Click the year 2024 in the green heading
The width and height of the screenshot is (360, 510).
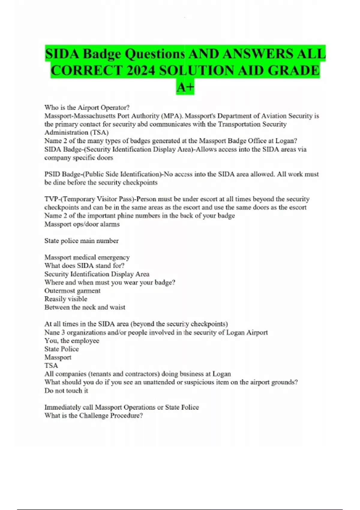[x=141, y=71]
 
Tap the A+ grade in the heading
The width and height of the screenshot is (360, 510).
[x=185, y=87]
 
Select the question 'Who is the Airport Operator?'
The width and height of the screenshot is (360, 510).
[x=87, y=107]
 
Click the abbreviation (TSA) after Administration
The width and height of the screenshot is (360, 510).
[x=99, y=132]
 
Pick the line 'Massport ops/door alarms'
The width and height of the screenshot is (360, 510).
[x=82, y=224]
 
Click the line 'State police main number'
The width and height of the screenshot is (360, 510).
[x=81, y=241]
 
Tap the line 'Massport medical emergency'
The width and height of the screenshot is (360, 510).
[x=87, y=257]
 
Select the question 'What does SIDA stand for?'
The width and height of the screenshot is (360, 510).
[x=84, y=265]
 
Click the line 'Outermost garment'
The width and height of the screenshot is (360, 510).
[x=72, y=291]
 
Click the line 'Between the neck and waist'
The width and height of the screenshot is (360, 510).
[x=85, y=307]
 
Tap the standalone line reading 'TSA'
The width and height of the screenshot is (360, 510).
[x=51, y=365]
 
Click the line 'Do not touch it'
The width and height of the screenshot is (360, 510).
[x=66, y=391]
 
